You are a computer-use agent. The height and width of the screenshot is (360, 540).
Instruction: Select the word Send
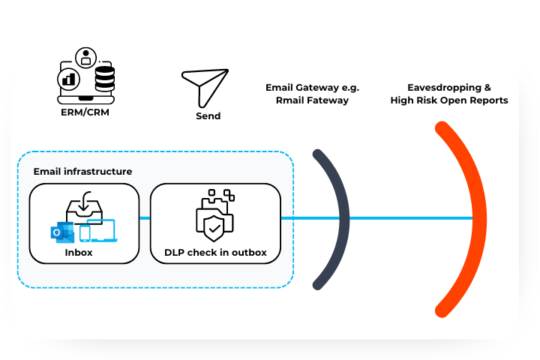208,116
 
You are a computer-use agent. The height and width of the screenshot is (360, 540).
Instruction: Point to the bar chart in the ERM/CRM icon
70,78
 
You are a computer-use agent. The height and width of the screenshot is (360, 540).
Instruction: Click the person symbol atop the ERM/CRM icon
88,55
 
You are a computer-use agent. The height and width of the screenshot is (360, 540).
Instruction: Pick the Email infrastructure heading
82,172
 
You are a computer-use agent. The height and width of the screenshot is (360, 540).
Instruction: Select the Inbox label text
79,252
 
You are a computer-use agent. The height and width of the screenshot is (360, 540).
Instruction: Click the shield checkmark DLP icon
214,222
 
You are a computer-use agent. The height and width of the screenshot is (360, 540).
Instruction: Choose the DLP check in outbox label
215,252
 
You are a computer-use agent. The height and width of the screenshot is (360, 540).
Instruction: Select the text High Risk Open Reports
448,100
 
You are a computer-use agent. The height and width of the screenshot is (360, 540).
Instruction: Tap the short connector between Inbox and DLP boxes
145,218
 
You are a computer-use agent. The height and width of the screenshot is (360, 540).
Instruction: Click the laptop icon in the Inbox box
102,230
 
